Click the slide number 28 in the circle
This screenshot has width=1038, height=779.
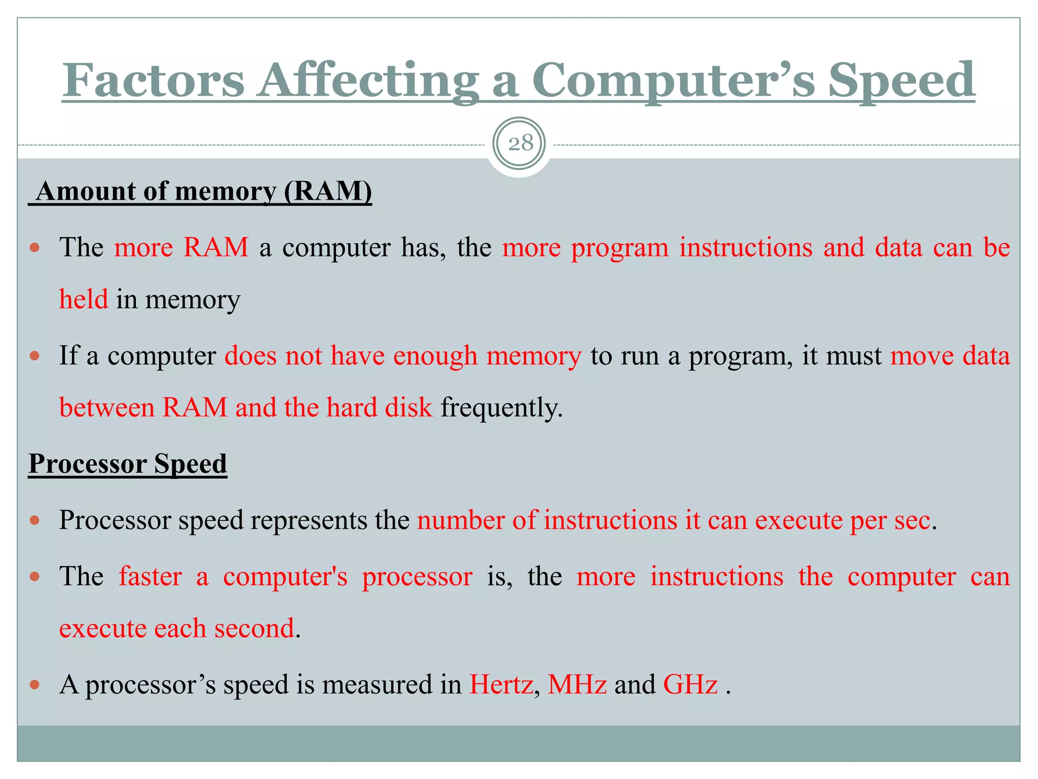point(520,144)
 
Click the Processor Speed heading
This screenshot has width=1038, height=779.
point(128,464)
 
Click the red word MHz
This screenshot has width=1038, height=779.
point(577,684)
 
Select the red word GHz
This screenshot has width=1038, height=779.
point(690,684)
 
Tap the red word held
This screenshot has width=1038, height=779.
point(84,299)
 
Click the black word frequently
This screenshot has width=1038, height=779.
point(501,408)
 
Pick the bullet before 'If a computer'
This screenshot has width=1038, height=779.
point(34,356)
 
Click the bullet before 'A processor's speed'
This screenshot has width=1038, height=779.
point(34,685)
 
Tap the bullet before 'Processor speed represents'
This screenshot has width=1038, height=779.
point(34,520)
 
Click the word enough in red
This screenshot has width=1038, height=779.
point(435,356)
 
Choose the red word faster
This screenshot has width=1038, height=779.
point(151,577)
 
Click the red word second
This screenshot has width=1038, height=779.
point(254,628)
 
